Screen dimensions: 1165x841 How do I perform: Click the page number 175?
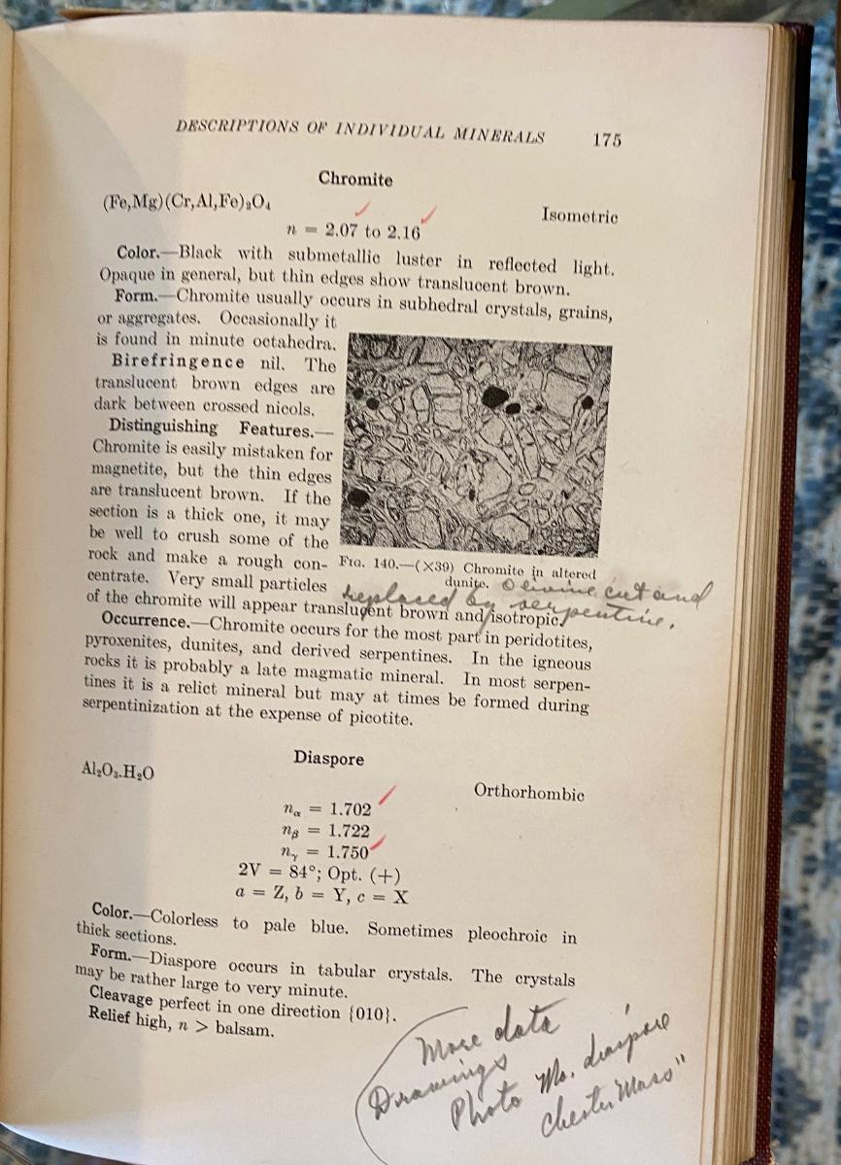tap(606, 139)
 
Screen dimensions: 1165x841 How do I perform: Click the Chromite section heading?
tap(355, 180)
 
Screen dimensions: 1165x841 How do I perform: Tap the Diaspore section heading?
tap(329, 758)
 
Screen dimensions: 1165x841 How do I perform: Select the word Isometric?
tap(580, 216)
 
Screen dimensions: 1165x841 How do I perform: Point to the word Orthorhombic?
tap(529, 792)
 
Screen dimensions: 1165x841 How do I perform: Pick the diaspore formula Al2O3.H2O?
tap(119, 771)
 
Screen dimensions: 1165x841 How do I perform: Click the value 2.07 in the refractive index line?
tap(343, 231)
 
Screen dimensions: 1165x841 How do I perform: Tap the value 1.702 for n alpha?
tap(350, 808)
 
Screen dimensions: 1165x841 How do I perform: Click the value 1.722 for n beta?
tap(350, 831)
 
